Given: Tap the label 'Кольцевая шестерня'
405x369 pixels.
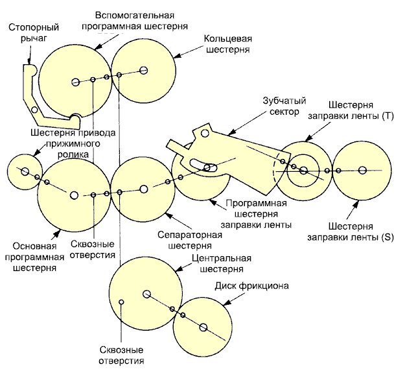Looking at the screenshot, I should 227,43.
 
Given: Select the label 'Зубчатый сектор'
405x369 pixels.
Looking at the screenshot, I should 284,106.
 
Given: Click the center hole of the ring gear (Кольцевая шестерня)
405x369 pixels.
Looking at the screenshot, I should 143,70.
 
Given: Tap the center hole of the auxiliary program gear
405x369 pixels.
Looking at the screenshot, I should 76,82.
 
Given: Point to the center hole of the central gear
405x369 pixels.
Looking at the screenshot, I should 146,294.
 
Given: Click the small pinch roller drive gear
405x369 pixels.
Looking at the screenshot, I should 24,171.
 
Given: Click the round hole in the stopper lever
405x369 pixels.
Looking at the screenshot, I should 34,110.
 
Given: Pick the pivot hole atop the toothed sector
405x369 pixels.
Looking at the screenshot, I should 205,134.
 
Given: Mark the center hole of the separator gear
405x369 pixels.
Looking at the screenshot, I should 143,189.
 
